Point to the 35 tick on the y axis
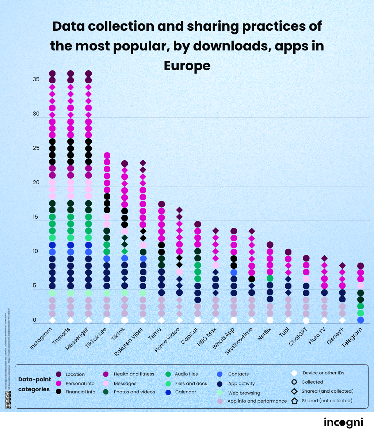(x=36, y=79)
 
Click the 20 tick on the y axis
(x=36, y=182)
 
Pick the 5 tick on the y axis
(x=34, y=286)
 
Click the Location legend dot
(x=58, y=374)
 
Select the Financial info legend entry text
(x=80, y=392)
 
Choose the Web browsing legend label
(x=244, y=393)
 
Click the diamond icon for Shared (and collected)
(x=294, y=391)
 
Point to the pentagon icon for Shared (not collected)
(x=294, y=401)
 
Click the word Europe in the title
(x=187, y=66)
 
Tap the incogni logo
(x=343, y=423)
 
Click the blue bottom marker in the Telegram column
(x=360, y=320)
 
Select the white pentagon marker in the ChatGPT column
(x=306, y=321)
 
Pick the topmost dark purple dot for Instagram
(x=52, y=73)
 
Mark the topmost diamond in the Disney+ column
(x=342, y=265)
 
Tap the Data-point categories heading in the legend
(x=34, y=384)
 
